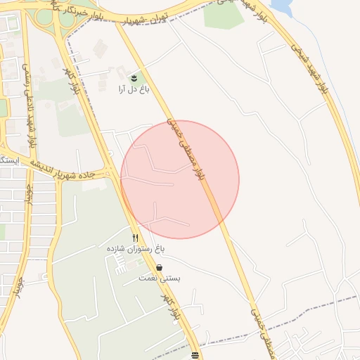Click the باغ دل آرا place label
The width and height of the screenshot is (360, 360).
pos(133,89)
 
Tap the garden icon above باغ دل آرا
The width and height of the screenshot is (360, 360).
pos(134,76)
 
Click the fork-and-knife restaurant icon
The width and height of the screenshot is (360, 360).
pos(135,238)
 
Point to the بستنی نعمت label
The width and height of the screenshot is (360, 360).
pos(160,279)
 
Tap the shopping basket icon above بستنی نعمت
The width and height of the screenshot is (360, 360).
pos(160,268)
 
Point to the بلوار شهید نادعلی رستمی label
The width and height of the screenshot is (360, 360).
pos(32,106)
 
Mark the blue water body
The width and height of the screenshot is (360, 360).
pos(281,7)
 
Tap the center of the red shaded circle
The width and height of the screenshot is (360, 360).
pos(180,179)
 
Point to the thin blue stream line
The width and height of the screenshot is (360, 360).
pos(309,42)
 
